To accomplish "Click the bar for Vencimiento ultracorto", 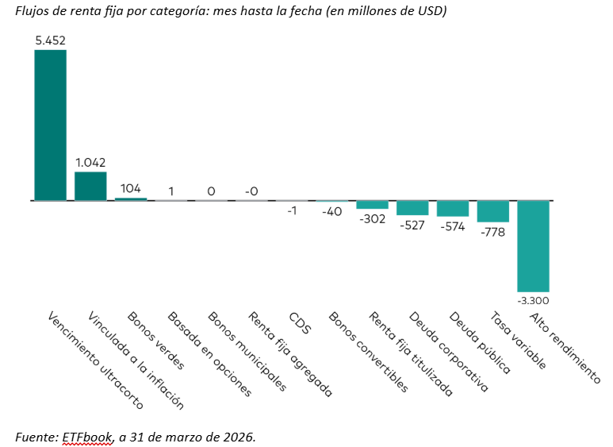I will click(x=50, y=125).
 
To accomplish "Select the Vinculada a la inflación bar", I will click(x=90, y=186).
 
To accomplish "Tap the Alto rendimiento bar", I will click(x=533, y=246).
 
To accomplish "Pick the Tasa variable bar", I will click(x=492, y=211).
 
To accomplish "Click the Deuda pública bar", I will click(x=452, y=208).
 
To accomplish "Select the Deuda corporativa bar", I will click(x=412, y=207).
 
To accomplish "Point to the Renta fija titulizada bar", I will click(x=372, y=205).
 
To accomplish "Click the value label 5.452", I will click(x=50, y=38).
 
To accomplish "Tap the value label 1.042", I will click(x=90, y=161).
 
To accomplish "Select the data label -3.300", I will click(x=533, y=301).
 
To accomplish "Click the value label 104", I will click(x=131, y=188).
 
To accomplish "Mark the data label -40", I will click(x=331, y=211).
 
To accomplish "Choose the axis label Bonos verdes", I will click(x=155, y=341).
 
